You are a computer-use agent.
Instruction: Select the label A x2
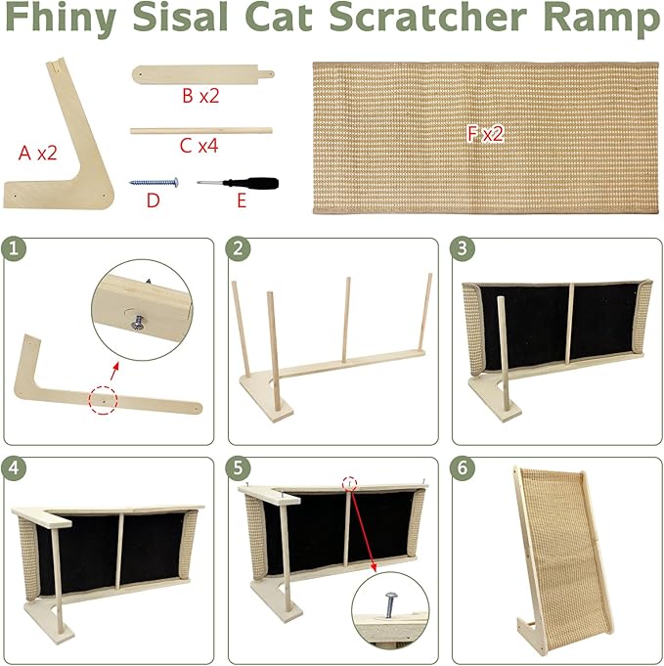pyautogui.click(x=38, y=153)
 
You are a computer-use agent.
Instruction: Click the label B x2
pyautogui.click(x=200, y=96)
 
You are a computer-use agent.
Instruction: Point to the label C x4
pyautogui.click(x=199, y=146)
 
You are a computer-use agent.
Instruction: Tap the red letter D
pyautogui.click(x=153, y=200)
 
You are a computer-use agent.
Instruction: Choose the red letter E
pyautogui.click(x=242, y=200)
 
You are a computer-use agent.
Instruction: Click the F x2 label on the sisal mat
pyautogui.click(x=485, y=133)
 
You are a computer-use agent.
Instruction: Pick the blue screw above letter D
pyautogui.click(x=154, y=183)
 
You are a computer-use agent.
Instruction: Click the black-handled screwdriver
pyautogui.click(x=238, y=183)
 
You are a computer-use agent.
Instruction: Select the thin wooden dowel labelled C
pyautogui.click(x=200, y=130)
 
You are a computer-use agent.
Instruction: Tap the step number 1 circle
pyautogui.click(x=14, y=248)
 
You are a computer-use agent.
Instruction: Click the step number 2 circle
pyautogui.click(x=238, y=248)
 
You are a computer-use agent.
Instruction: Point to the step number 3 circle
pyautogui.click(x=463, y=248)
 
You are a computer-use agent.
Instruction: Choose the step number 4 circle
pyautogui.click(x=14, y=468)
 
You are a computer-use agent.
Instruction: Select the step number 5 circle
pyautogui.click(x=238, y=468)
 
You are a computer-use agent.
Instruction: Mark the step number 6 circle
pyautogui.click(x=463, y=468)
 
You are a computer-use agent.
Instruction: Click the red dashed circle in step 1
pyautogui.click(x=103, y=400)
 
